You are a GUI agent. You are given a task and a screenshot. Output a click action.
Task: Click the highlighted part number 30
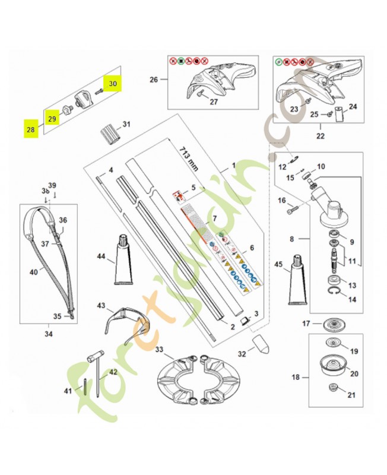(112, 84)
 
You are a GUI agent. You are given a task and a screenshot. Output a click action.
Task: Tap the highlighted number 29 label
(52, 119)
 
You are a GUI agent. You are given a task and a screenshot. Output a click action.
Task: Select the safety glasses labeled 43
(125, 321)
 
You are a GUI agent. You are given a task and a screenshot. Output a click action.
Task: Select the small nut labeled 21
(334, 389)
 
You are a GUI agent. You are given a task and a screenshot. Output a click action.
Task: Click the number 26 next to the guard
(154, 80)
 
